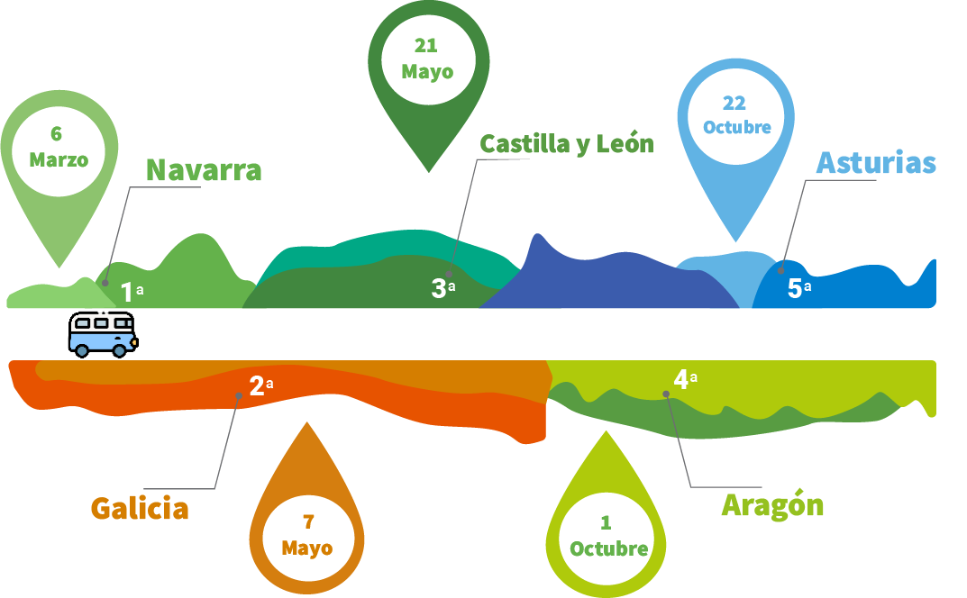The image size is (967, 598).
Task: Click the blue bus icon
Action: click(103, 333)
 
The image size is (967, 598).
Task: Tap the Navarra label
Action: click(204, 170)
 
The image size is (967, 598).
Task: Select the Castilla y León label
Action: click(566, 144)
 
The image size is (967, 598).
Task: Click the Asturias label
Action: click(875, 163)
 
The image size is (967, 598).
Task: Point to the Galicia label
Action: click(140, 509)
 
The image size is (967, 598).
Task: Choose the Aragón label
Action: click(772, 505)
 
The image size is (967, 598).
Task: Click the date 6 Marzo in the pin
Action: click(59, 148)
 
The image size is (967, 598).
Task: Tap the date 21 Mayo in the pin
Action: click(427, 59)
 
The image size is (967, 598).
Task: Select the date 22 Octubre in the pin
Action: click(736, 115)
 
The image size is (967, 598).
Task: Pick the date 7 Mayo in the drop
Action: click(306, 535)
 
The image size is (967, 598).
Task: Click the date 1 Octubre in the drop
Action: click(608, 537)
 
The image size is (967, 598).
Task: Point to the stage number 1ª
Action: click(132, 292)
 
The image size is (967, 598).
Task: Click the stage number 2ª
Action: click(260, 386)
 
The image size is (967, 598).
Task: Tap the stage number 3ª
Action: click(442, 289)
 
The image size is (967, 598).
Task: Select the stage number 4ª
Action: click(684, 379)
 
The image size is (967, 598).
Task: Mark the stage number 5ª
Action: click(798, 289)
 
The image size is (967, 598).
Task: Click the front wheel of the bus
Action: click(119, 349)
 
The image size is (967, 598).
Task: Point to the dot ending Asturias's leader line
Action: click(781, 269)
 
